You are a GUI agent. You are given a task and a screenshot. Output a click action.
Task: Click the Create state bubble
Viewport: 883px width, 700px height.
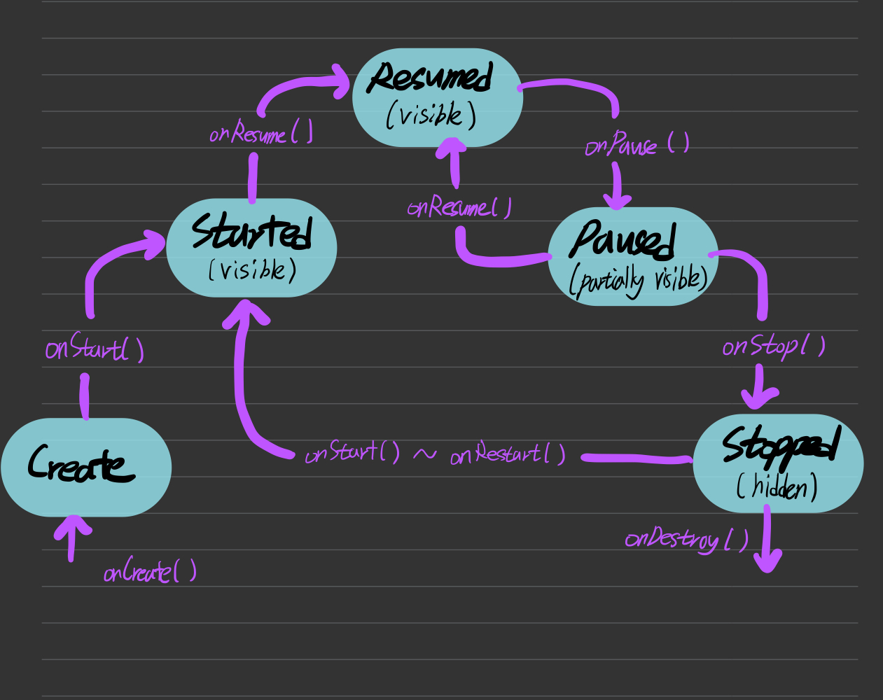click(x=86, y=467)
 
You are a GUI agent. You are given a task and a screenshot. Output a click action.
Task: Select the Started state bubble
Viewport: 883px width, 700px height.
click(x=251, y=248)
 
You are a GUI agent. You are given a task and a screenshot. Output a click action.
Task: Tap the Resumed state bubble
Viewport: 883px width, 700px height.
click(x=438, y=97)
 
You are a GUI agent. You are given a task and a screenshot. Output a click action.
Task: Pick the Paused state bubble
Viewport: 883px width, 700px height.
click(x=633, y=256)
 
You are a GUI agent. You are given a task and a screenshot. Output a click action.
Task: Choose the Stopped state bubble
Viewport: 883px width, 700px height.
click(x=778, y=463)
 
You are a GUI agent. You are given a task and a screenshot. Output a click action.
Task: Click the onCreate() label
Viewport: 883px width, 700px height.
click(x=150, y=572)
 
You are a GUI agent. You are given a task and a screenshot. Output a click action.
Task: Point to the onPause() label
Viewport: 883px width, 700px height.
click(x=637, y=144)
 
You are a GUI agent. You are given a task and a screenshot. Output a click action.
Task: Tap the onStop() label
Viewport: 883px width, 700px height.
click(x=773, y=346)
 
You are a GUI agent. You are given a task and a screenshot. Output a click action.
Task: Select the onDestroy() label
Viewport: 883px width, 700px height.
click(x=686, y=539)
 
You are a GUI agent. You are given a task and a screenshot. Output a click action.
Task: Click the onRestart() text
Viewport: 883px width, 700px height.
click(x=508, y=454)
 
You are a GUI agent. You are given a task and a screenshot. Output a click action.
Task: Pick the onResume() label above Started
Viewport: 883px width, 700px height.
click(x=260, y=132)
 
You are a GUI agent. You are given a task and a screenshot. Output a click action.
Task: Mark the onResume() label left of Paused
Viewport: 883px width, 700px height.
click(x=459, y=207)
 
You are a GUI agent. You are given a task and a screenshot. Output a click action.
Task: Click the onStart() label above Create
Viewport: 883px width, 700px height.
click(x=95, y=348)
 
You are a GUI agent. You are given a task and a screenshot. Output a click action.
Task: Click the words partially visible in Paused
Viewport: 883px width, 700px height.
click(x=639, y=280)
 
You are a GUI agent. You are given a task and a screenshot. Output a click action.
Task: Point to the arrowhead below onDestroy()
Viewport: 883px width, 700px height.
click(x=768, y=560)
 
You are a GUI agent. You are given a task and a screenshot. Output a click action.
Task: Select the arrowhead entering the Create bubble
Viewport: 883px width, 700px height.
click(x=72, y=526)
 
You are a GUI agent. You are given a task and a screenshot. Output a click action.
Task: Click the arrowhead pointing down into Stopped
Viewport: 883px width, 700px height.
click(x=759, y=399)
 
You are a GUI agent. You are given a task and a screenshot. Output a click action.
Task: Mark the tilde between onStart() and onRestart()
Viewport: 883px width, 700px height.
click(x=424, y=454)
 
